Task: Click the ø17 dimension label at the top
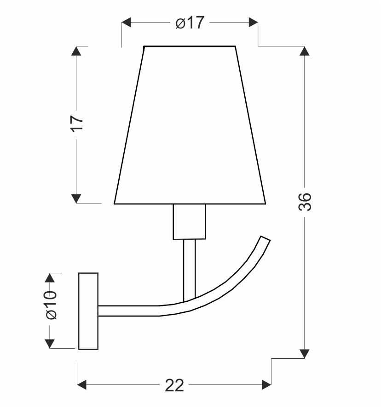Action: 190,23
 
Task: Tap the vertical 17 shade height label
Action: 77,124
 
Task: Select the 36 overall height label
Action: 305,202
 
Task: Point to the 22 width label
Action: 174,385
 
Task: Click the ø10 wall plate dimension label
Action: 51,305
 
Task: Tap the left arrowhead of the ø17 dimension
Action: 126,23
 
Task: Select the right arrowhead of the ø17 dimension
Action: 253,23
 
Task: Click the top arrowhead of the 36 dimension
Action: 304,51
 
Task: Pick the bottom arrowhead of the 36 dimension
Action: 304,354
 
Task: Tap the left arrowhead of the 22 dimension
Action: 81,384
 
